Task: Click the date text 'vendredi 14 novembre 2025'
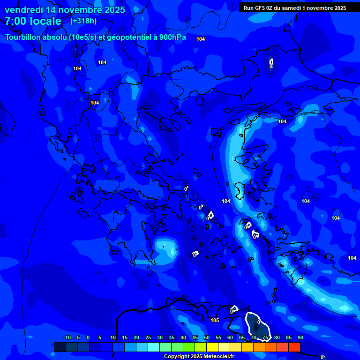coord(65,10)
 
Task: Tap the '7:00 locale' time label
coord(33,21)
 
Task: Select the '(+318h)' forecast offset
coord(83,21)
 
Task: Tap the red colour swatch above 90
coord(294,347)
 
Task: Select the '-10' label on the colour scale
coord(67,337)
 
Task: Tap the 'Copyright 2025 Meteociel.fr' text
coord(199,357)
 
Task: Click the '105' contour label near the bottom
coord(215,321)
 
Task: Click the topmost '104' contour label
coord(201,39)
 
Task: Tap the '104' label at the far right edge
coord(352,258)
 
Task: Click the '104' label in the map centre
coord(226,201)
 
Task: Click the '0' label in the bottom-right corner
coord(322,357)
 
